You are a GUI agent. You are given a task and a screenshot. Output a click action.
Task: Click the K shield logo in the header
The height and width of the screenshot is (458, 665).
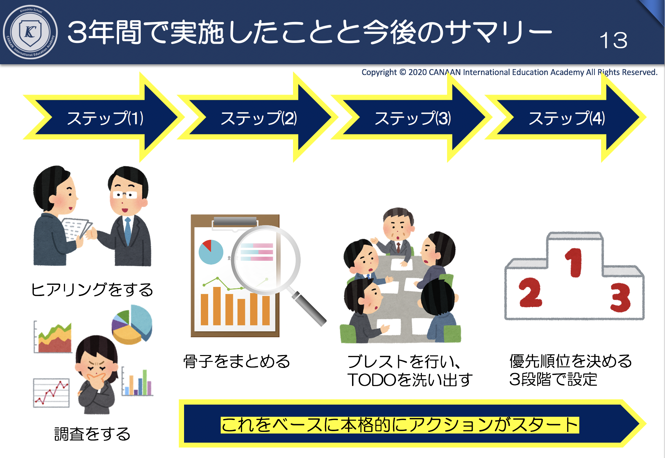[30, 32]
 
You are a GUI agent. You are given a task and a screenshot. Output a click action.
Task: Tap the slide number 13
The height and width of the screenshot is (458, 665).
[614, 40]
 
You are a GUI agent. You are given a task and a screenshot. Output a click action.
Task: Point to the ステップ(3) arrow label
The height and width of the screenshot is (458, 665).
[412, 118]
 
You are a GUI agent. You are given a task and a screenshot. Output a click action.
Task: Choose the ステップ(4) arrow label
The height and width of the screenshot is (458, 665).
[567, 118]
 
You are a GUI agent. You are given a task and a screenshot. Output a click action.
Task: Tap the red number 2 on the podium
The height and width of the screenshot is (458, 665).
[530, 293]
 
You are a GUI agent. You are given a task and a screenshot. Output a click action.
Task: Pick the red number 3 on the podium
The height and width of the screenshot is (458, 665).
[621, 297]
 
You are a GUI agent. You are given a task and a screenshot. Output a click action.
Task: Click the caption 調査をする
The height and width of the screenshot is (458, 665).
[92, 434]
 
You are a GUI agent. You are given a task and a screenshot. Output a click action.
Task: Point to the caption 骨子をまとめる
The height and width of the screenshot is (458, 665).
[237, 361]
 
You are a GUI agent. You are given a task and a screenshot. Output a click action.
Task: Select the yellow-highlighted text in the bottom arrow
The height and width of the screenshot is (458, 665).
[400, 425]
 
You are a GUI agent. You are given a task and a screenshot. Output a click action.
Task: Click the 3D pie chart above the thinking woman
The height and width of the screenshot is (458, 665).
[132, 325]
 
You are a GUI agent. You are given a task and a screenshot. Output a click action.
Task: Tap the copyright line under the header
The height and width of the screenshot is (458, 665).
[509, 72]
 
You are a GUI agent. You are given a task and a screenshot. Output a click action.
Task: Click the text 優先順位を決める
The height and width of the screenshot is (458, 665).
[571, 361]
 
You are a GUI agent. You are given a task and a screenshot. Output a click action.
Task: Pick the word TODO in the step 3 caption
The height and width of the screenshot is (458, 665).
[372, 380]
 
